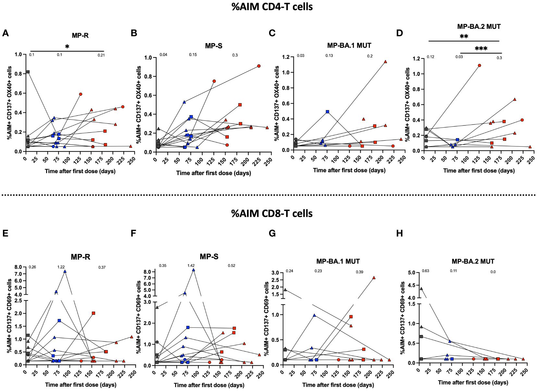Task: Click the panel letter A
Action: [5, 33]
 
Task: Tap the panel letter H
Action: [399, 233]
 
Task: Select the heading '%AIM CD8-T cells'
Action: [272, 213]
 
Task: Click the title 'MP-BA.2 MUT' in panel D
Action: [479, 26]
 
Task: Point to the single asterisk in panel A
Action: [67, 47]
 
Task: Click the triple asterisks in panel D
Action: [481, 49]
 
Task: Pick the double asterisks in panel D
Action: [464, 37]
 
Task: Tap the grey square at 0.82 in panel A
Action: [28, 72]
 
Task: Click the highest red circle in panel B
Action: [259, 66]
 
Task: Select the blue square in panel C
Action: [327, 112]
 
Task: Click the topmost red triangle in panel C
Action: [385, 62]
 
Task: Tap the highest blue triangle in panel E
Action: [65, 271]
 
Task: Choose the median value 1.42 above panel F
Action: [191, 266]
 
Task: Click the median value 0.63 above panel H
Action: [426, 271]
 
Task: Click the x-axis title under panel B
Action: [214, 173]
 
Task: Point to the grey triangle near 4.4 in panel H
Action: [421, 289]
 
